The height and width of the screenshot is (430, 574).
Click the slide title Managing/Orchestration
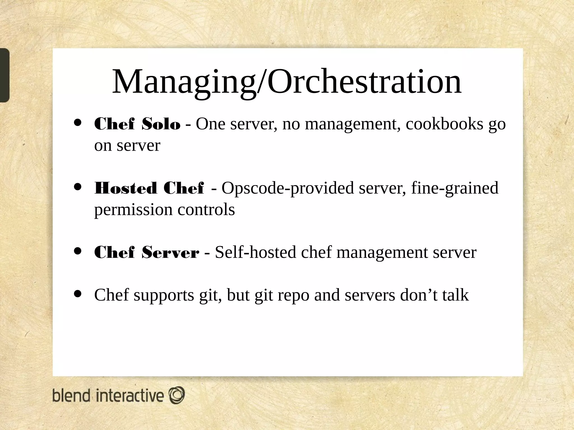click(286, 82)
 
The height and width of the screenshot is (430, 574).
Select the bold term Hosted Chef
click(149, 188)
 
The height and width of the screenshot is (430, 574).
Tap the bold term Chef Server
click(147, 253)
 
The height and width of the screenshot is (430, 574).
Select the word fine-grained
click(455, 188)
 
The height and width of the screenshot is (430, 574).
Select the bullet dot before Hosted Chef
click(78, 187)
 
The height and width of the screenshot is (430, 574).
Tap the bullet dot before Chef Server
click(78, 251)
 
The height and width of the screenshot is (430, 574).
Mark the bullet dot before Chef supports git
click(78, 294)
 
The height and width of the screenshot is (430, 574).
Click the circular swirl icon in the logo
click(177, 395)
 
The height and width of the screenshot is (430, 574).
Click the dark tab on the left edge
click(4, 75)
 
